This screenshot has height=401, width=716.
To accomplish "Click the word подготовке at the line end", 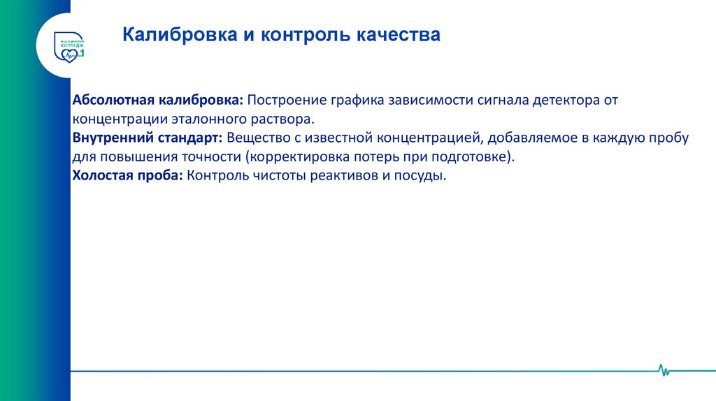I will tap(475, 156).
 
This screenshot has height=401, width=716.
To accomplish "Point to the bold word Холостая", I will tap(101, 175).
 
